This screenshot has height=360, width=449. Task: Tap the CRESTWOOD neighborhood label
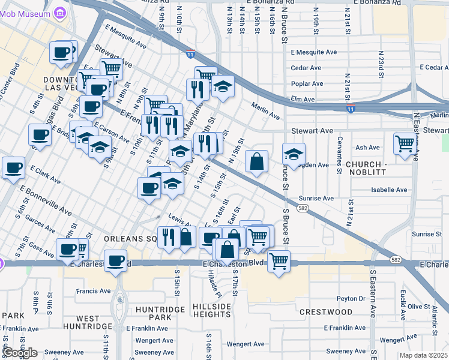[326, 312]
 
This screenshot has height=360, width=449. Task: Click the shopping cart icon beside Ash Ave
[405, 144]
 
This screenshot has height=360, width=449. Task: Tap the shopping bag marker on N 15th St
[256, 162]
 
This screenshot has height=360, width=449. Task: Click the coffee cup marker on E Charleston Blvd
[116, 262]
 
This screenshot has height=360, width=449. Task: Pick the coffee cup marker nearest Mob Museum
[62, 53]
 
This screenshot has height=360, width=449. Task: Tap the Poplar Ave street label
[307, 83]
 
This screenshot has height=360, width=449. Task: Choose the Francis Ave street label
[94, 291]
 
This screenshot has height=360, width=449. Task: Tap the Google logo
[20, 353]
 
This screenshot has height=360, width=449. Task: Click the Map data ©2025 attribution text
[423, 355]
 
